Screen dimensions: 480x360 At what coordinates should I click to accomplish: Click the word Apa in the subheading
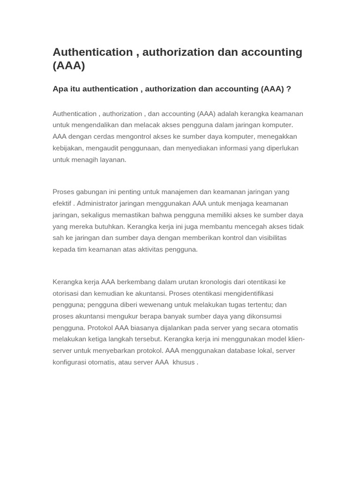[x=60, y=89]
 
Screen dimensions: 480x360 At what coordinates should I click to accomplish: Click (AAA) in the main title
[x=69, y=66]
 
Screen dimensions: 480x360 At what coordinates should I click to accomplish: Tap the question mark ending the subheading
[x=289, y=89]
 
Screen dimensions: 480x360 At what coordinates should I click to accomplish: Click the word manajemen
[x=181, y=192]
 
